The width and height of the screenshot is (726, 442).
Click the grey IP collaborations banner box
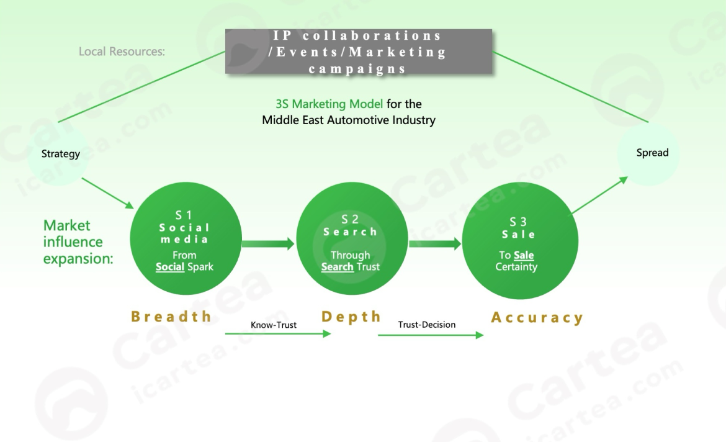pyautogui.click(x=359, y=52)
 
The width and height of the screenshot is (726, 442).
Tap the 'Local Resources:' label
pyautogui.click(x=122, y=52)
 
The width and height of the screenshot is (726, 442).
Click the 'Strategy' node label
pyautogui.click(x=61, y=154)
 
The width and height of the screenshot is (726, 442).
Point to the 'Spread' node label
pyautogui.click(x=652, y=153)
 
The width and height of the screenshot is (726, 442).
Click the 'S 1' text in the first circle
pyautogui.click(x=184, y=215)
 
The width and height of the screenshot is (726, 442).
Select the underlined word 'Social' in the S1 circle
pyautogui.click(x=169, y=267)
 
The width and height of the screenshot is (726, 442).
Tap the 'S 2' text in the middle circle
pyautogui.click(x=350, y=219)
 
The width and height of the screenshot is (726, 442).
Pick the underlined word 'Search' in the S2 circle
pyautogui.click(x=337, y=267)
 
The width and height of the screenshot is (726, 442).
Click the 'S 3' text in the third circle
pyautogui.click(x=518, y=222)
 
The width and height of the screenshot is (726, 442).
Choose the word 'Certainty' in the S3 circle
pyautogui.click(x=516, y=267)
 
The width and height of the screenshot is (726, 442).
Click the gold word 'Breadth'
pyautogui.click(x=171, y=317)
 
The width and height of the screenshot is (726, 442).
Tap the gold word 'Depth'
pyautogui.click(x=351, y=317)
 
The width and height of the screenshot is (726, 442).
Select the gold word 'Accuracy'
pyautogui.click(x=537, y=318)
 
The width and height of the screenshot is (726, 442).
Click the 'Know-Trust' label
pyautogui.click(x=274, y=325)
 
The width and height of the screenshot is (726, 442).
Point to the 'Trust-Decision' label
pyautogui.click(x=427, y=324)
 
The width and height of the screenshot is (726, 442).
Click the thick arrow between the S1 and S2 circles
pyautogui.click(x=268, y=244)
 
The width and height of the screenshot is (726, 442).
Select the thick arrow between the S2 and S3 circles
pyautogui.click(x=435, y=244)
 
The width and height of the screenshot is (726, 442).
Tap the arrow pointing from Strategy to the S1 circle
pyautogui.click(x=107, y=192)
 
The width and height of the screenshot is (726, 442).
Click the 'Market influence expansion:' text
pyautogui.click(x=78, y=242)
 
